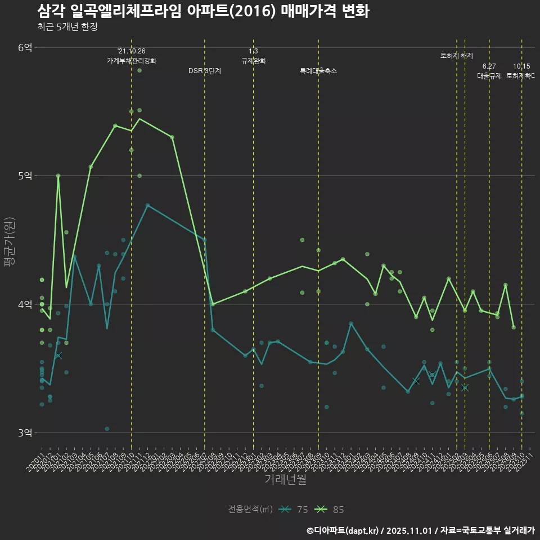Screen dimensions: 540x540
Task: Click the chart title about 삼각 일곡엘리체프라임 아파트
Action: [x=203, y=11]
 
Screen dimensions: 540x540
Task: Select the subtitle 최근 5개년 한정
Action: [x=67, y=26]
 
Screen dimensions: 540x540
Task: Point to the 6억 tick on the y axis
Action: [x=25, y=47]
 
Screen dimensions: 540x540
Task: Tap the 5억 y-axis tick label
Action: [x=25, y=175]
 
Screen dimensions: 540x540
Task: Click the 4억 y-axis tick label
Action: [x=25, y=304]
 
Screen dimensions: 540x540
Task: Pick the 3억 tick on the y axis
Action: [x=25, y=433]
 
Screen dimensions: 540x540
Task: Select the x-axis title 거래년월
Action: [x=285, y=480]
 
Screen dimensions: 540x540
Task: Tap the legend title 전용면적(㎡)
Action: [x=250, y=510]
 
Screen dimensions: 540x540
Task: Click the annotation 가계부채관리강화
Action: [x=132, y=60]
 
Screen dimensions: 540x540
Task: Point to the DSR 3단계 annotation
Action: [x=205, y=71]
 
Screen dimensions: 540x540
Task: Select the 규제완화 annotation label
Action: [x=253, y=61]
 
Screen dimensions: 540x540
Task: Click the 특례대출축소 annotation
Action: [x=318, y=71]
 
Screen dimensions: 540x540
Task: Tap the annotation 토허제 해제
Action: [x=456, y=56]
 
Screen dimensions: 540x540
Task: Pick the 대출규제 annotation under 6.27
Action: [x=489, y=75]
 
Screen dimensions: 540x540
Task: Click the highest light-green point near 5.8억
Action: [x=139, y=70]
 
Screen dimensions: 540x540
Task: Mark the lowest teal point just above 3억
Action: [x=107, y=429]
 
